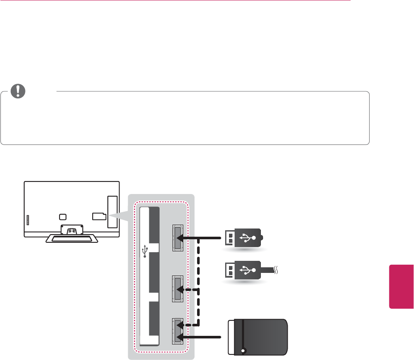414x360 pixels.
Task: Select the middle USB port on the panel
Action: [x=177, y=288]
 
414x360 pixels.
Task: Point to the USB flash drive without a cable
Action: [x=244, y=237]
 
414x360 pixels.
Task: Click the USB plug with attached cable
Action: [x=244, y=270]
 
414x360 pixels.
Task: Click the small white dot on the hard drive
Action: [x=244, y=350]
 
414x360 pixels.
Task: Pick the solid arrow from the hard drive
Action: [x=203, y=336]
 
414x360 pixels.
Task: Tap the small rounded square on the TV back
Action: [x=63, y=217]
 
